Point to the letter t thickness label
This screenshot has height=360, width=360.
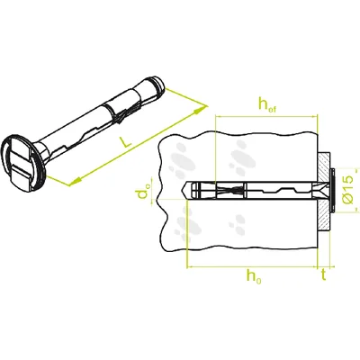323,279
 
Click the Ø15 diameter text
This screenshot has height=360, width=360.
348,192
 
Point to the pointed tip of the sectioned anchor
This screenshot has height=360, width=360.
186,192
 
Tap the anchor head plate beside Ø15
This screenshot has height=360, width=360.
332,192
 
